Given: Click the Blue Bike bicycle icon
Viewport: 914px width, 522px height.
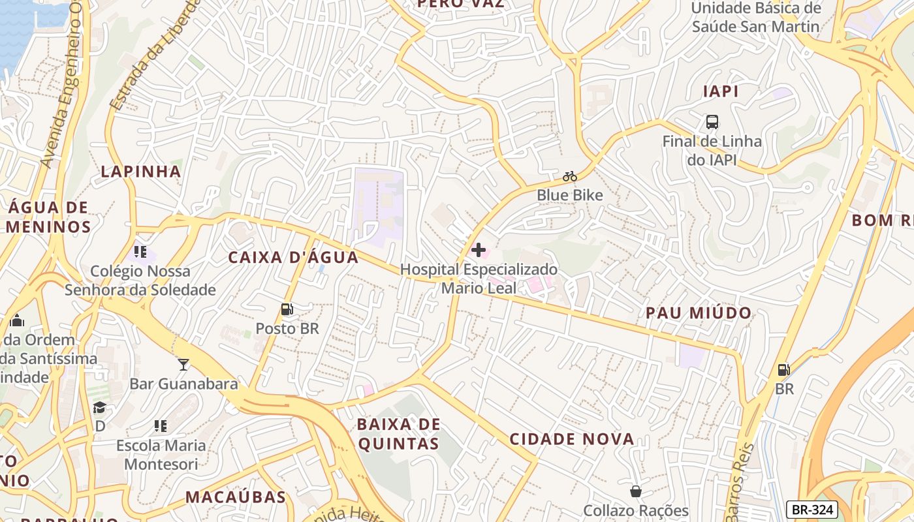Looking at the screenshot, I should tap(570, 176).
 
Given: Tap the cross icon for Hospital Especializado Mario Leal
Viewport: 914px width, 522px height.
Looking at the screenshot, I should tap(479, 250).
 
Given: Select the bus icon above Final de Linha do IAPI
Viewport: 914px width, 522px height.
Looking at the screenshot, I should tap(712, 122).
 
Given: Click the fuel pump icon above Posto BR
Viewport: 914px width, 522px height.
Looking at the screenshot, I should tap(287, 309).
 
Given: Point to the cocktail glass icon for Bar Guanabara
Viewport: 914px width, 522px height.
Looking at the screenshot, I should tap(183, 364).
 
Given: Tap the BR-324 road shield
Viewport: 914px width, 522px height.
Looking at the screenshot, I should tap(812, 510).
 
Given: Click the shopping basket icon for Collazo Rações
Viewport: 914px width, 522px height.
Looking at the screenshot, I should tap(635, 491).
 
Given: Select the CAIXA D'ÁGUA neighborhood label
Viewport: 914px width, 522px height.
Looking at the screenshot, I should tap(293, 257).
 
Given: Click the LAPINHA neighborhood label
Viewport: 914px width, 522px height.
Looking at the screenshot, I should tap(140, 172).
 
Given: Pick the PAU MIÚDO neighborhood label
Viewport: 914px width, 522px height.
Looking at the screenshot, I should tap(699, 313).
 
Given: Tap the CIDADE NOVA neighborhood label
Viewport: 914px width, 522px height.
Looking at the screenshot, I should tap(572, 439).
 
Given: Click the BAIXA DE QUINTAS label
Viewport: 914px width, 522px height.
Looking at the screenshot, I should tap(398, 434).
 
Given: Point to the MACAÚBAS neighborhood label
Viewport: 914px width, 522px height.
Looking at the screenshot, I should tap(236, 497).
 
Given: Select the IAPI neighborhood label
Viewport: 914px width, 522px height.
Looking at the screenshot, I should tap(721, 91).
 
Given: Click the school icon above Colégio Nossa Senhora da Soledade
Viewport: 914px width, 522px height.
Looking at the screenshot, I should tap(140, 251).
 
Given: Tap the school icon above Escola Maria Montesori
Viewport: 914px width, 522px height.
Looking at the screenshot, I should tap(161, 426).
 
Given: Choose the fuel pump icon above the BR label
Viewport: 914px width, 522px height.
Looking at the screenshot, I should tap(783, 370).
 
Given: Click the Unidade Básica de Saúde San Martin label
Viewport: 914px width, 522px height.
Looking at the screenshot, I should tap(755, 18).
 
